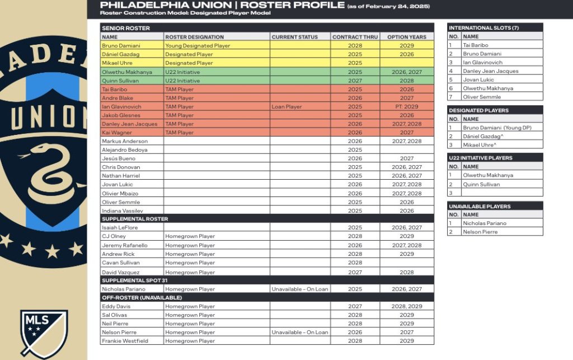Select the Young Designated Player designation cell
(x=198, y=46)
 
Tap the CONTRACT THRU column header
(x=355, y=37)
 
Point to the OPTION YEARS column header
(x=406, y=37)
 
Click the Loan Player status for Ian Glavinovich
(x=286, y=106)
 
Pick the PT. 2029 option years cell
(x=407, y=106)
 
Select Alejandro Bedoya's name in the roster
(x=124, y=150)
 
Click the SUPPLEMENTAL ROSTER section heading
(x=134, y=219)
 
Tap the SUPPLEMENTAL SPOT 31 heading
(x=134, y=280)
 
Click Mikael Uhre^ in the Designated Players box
(x=480, y=145)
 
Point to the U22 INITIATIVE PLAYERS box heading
(x=481, y=158)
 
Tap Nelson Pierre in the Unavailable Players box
(x=480, y=232)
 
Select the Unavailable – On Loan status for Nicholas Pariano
(x=300, y=289)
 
